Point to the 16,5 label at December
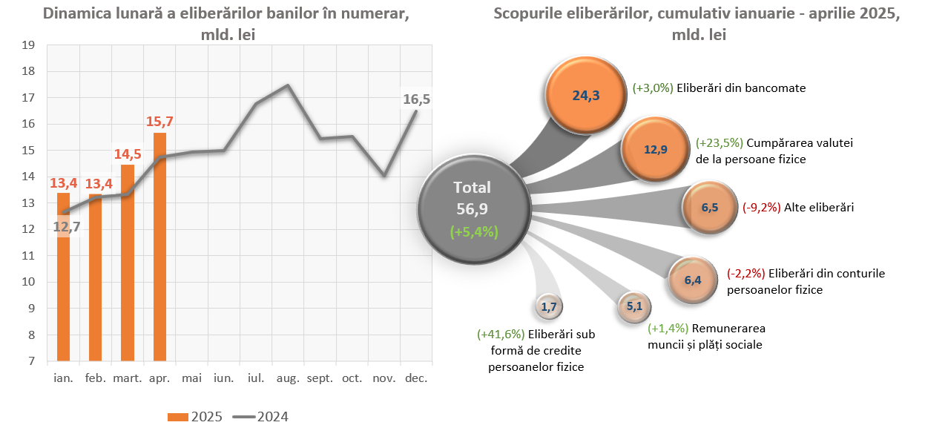416,99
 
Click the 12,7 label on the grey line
67,228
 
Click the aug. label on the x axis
288,378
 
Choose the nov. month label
384,378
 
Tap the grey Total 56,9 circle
474,208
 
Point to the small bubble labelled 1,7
549,306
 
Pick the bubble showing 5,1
633,306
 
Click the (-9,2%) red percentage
762,208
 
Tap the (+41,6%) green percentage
501,335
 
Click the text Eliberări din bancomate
741,88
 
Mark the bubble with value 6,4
692,280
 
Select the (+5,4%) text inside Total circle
474,231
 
